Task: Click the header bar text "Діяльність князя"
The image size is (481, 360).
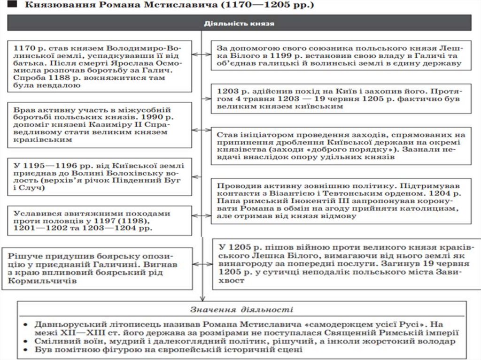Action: tap(240, 23)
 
